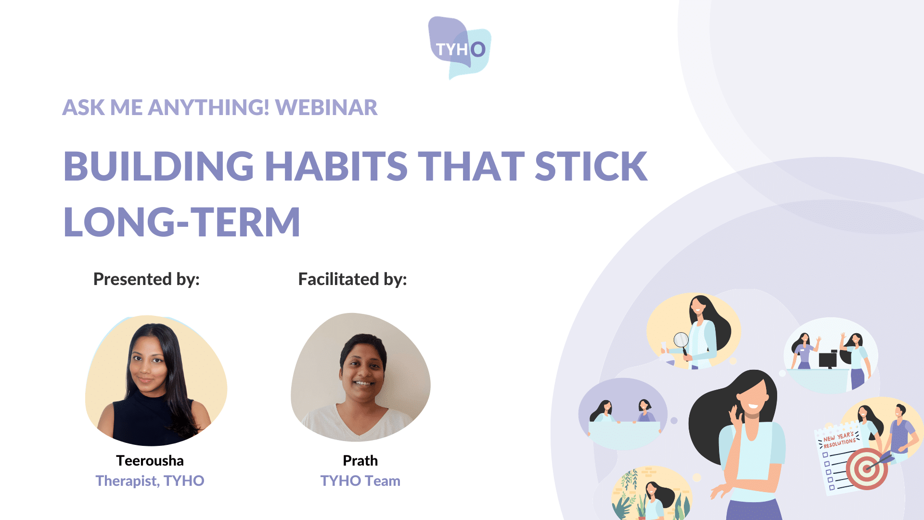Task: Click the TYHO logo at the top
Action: (x=460, y=48)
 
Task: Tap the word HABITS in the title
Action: (x=336, y=166)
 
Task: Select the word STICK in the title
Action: (x=591, y=166)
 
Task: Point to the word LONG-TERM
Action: (x=182, y=222)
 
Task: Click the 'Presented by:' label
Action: (x=146, y=279)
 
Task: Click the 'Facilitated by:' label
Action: (x=353, y=279)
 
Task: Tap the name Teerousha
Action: (x=150, y=461)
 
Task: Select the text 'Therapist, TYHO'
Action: (x=150, y=481)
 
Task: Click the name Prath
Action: (x=360, y=461)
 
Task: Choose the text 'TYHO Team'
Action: (x=360, y=481)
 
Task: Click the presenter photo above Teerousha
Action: (x=156, y=380)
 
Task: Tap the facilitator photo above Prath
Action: (x=360, y=377)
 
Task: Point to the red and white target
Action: (x=867, y=468)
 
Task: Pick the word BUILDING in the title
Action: (x=159, y=166)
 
